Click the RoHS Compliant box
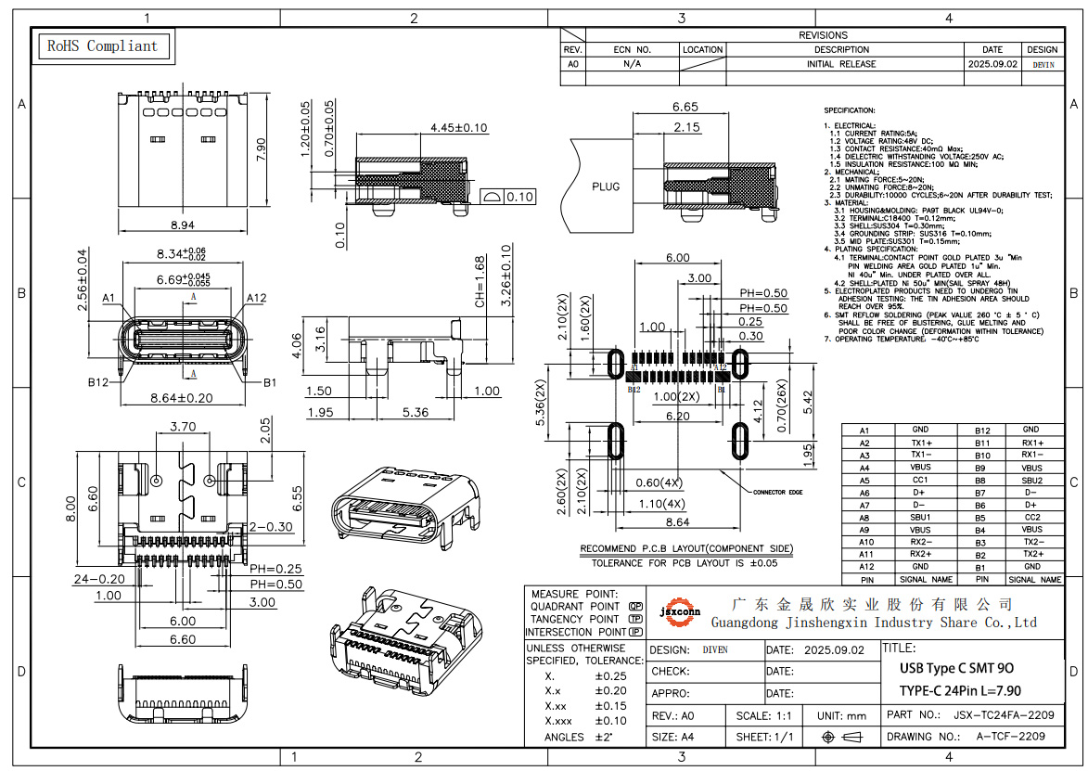pos(103,45)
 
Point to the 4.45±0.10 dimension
pos(458,128)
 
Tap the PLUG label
pos(606,186)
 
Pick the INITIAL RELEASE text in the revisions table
pos(841,65)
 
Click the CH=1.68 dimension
pos(480,283)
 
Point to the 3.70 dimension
pos(183,427)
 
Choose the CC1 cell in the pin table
pos(920,481)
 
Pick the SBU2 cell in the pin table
pos(1031,481)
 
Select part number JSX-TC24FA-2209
pos(1004,715)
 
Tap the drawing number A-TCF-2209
pos(1010,736)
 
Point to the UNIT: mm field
pos(841,716)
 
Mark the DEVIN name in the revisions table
pos(1043,65)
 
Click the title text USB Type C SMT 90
pos(956,669)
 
